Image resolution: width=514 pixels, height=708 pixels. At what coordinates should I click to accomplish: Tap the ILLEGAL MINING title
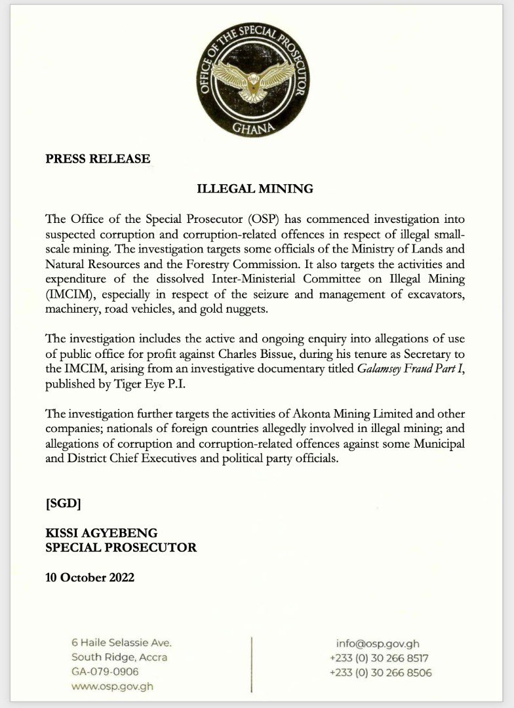256,189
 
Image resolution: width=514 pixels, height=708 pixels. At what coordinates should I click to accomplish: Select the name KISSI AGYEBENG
102,532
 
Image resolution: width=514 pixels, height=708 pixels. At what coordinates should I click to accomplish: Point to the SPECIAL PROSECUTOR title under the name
121,547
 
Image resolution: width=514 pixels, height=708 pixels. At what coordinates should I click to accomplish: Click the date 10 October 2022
90,578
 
